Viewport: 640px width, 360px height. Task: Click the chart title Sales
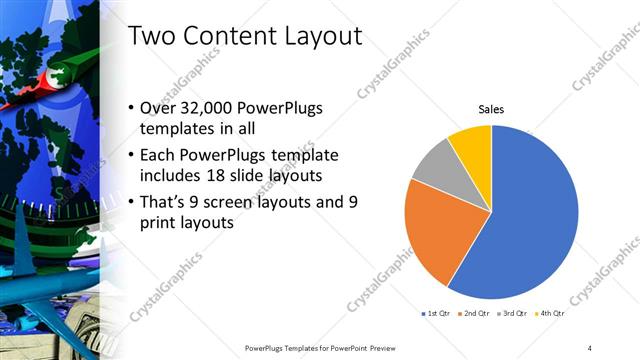(491, 109)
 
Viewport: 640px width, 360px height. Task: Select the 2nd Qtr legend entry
(474, 313)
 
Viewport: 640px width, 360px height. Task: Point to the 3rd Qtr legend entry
(513, 313)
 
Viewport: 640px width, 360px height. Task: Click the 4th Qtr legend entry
(550, 313)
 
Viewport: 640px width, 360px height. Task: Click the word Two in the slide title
(153, 36)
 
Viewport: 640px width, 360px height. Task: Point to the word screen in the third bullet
(236, 202)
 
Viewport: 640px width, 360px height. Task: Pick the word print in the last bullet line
(165, 223)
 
